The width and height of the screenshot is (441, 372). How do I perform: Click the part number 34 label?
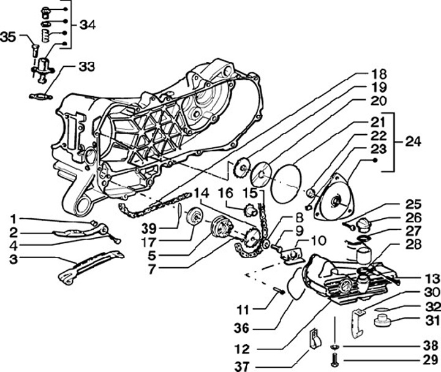tap(87, 26)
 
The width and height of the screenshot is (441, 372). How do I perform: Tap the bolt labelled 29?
tap(335, 362)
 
